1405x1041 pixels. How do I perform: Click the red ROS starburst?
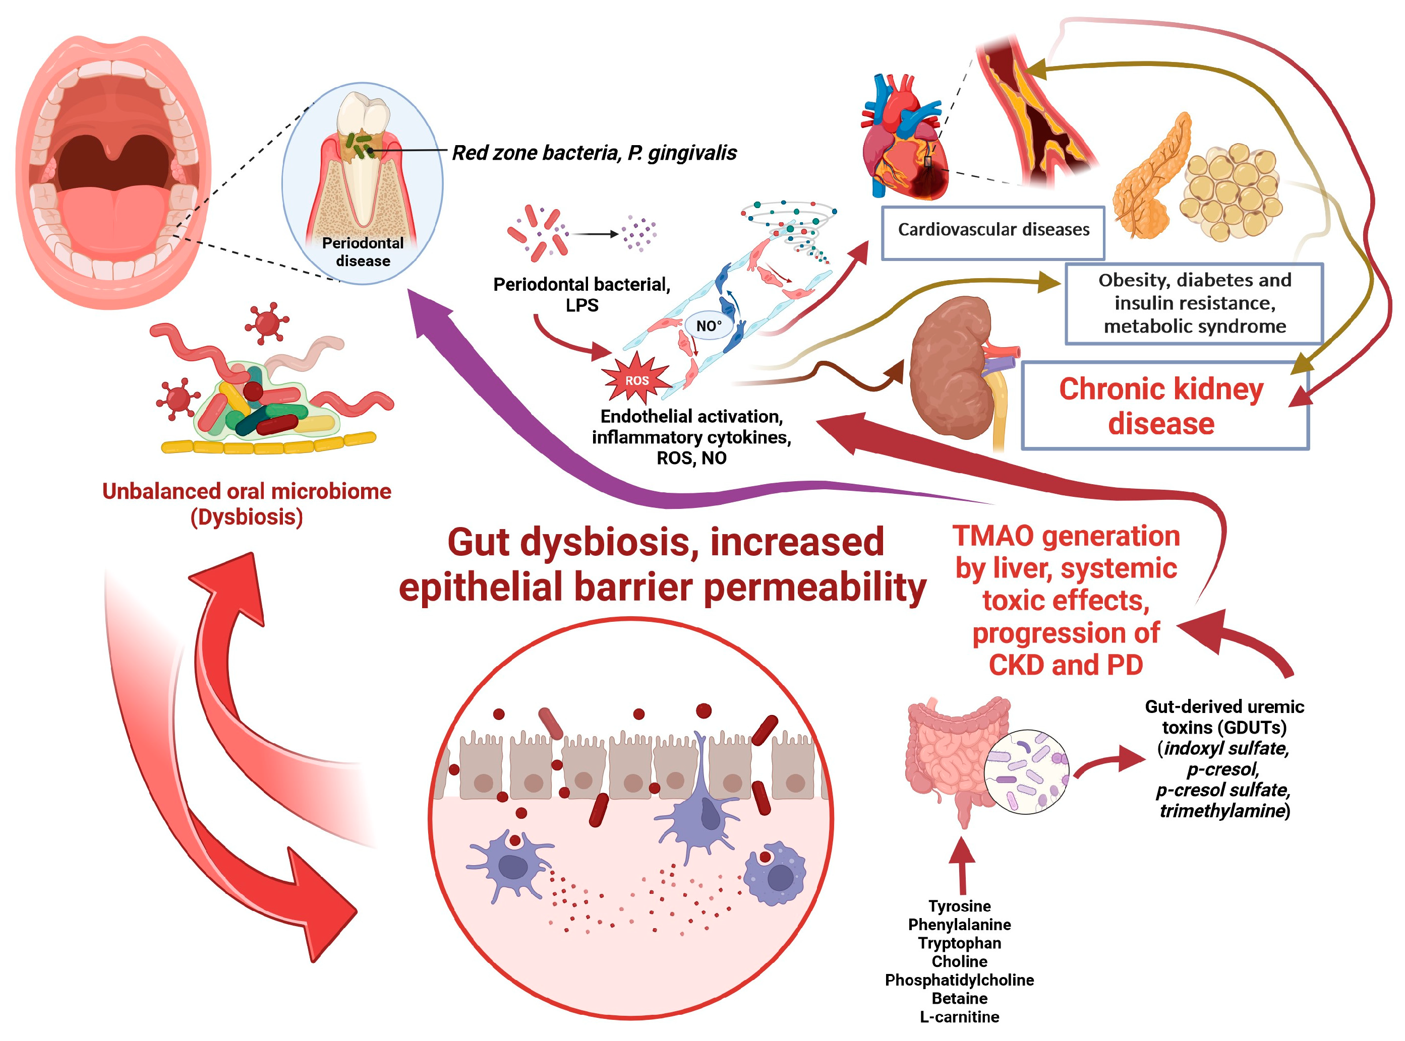(635, 379)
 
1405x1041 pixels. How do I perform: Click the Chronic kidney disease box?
(1163, 405)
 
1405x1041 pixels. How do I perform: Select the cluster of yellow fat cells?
(1230, 192)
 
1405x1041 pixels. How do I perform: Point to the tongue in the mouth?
(113, 211)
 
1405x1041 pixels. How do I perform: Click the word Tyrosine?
(959, 905)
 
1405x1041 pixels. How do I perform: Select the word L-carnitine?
(959, 1016)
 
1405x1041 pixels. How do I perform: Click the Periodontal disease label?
(363, 251)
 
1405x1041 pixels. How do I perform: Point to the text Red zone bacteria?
(536, 153)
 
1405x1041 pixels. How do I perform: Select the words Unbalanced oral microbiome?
(247, 491)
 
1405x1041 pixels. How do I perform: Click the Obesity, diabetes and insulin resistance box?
(1193, 303)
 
